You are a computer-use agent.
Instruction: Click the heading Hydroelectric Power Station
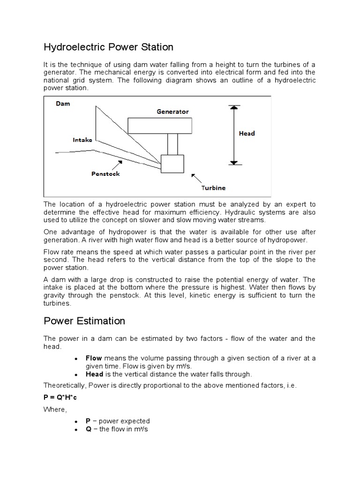[x=108, y=47]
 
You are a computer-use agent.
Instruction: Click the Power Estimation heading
[x=84, y=321]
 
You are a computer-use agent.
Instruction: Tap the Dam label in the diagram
[x=63, y=104]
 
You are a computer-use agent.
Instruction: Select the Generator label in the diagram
[x=172, y=112]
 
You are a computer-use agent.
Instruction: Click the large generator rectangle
[x=159, y=125]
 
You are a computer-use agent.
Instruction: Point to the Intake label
[x=82, y=140]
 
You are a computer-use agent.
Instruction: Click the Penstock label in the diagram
[x=105, y=173]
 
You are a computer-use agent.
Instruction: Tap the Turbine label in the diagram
[x=213, y=187]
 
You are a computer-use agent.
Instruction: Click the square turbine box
[x=172, y=164]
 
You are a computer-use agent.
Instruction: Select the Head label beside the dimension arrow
[x=247, y=133]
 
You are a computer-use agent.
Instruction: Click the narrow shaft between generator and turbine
[x=172, y=144]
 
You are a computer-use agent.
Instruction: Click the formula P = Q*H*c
[x=60, y=397]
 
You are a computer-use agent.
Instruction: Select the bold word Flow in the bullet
[x=94, y=358]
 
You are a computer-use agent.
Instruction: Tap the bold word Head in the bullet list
[x=94, y=374]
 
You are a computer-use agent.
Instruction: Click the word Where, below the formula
[x=55, y=410]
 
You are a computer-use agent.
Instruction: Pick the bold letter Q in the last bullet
[x=88, y=429]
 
